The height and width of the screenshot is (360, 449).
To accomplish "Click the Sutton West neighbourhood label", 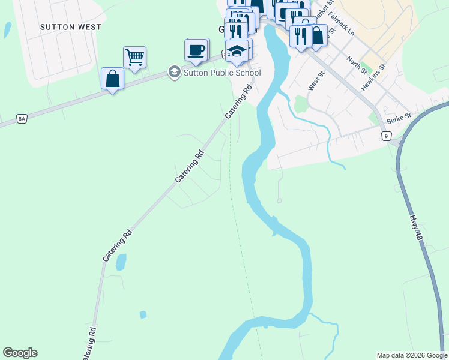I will (x=71, y=27).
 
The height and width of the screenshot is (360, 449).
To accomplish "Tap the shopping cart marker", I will (x=134, y=58).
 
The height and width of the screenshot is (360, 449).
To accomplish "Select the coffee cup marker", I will (x=196, y=50).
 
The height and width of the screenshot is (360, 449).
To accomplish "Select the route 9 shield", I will (x=386, y=136).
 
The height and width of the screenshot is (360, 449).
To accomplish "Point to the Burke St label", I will (x=399, y=118).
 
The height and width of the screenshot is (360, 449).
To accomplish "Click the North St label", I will (x=356, y=64).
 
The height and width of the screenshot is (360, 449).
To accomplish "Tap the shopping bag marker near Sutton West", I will (x=112, y=79).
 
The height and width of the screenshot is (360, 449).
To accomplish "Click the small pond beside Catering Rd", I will (x=121, y=262).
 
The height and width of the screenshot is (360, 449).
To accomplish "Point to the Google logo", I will (x=20, y=353).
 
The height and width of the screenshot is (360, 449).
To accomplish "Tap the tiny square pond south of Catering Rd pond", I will (x=143, y=314).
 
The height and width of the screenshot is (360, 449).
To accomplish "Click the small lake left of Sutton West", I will (x=7, y=29).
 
